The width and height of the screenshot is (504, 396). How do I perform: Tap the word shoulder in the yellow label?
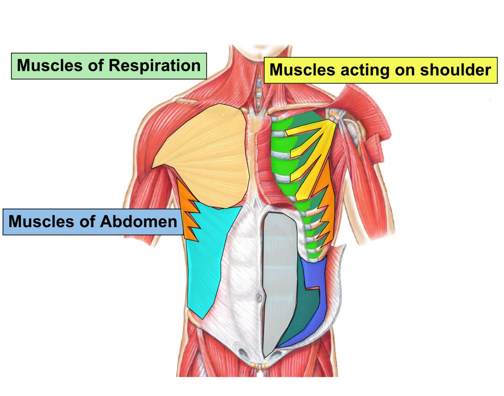(456, 69)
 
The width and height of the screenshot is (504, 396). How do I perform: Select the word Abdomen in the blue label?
(139, 222)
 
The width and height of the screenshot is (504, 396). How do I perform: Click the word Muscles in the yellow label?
(302, 69)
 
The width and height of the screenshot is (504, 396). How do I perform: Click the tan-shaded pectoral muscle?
(204, 158)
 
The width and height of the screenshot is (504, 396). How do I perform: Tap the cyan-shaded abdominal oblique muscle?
(209, 255)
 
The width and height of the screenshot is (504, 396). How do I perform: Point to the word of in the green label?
(95, 66)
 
